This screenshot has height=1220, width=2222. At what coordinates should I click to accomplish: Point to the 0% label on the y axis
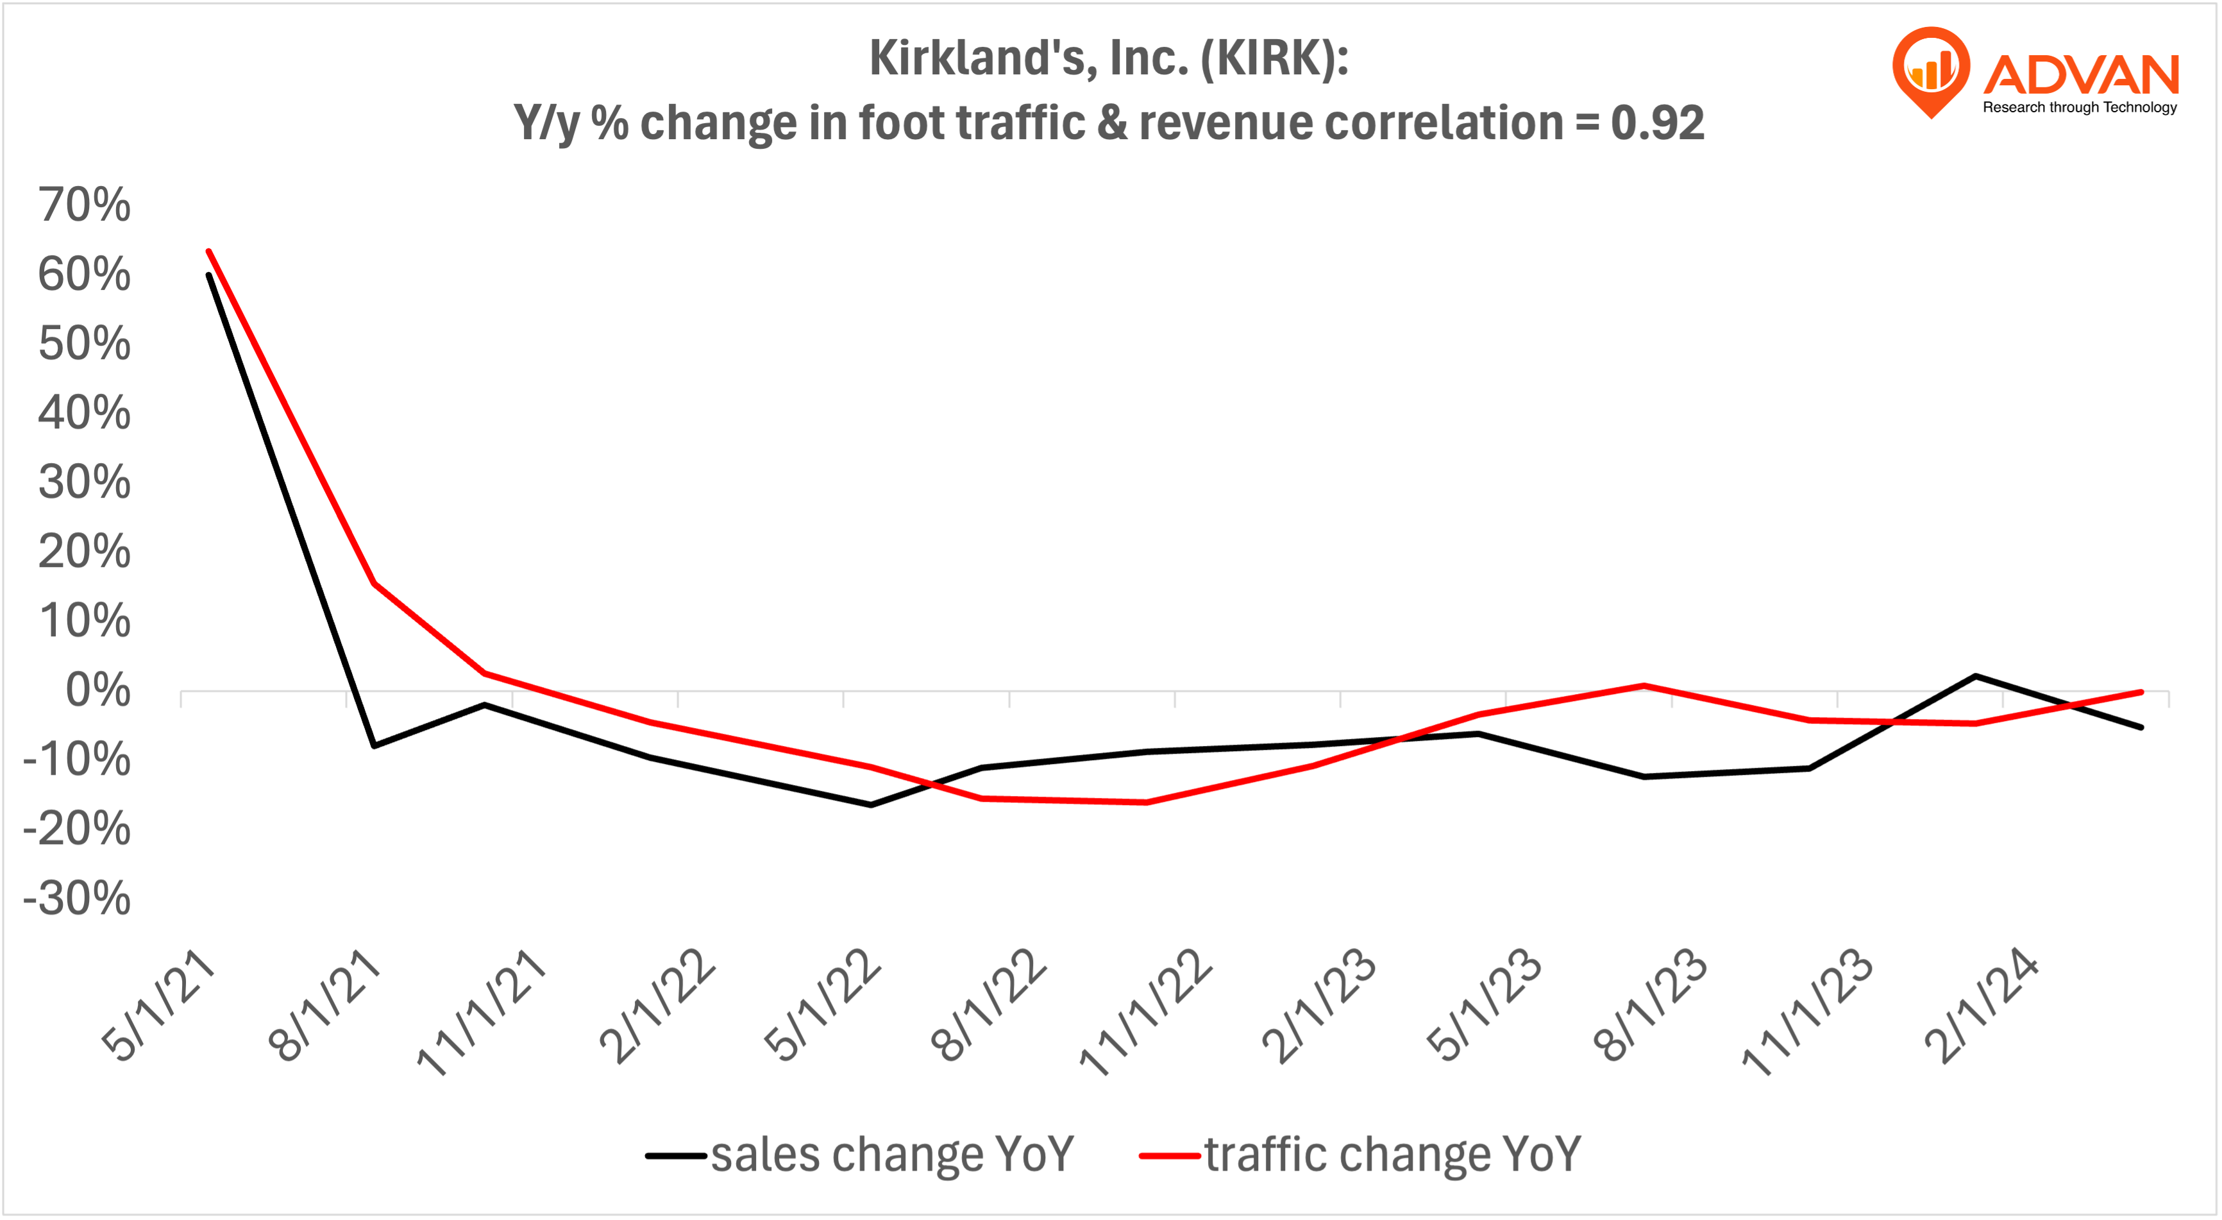97,690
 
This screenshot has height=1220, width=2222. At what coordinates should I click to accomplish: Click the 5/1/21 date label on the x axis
158,1004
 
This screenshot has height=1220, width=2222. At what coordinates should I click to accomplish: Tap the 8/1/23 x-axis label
1649,1004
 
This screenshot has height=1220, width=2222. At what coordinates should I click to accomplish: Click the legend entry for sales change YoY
860,1155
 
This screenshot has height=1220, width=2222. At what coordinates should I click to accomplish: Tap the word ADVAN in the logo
2080,75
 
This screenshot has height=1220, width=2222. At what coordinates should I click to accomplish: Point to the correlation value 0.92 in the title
1657,123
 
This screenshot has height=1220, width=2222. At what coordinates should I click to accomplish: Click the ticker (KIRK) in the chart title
1274,58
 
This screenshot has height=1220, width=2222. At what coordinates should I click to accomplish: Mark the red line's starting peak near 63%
209,252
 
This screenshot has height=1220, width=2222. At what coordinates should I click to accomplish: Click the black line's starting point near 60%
209,275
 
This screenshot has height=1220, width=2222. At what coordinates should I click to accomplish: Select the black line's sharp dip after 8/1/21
373,745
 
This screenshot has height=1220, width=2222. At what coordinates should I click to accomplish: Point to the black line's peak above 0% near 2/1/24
1975,677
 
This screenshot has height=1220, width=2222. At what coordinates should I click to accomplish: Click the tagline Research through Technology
2079,107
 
